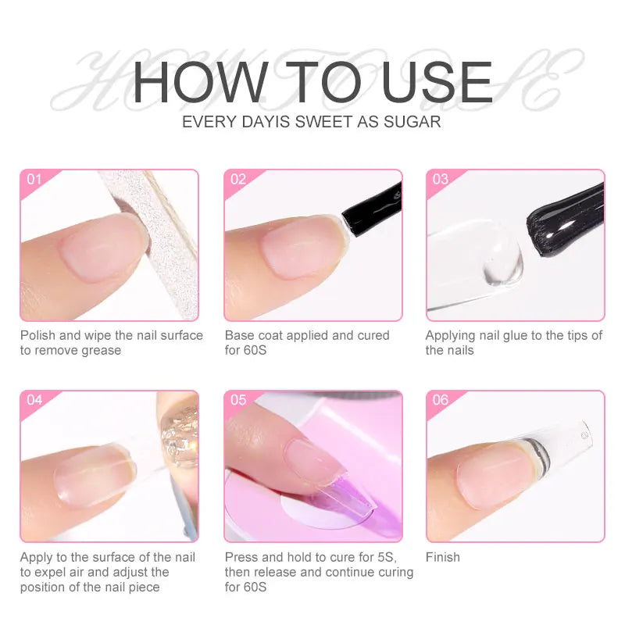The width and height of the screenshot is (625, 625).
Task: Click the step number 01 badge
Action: (34, 179)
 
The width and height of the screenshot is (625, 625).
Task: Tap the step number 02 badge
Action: (237, 179)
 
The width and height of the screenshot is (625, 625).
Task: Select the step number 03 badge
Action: (440, 179)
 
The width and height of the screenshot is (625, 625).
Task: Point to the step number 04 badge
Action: (34, 400)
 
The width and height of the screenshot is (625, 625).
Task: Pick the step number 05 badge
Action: (237, 400)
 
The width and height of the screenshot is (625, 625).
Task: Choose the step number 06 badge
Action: (440, 400)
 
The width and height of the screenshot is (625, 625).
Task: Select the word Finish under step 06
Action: (443, 557)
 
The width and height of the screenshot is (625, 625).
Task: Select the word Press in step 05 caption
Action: (242, 557)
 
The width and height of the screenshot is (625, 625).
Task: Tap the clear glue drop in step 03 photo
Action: (501, 262)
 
